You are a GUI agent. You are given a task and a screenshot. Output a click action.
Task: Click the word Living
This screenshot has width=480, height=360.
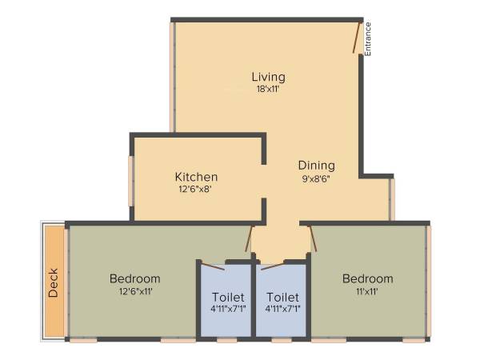268,77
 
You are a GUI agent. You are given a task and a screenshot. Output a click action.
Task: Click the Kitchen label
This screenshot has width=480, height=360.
196,177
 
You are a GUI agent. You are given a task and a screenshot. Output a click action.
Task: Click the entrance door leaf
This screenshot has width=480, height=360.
357,38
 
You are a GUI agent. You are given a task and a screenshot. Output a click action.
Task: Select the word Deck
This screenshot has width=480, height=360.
53,282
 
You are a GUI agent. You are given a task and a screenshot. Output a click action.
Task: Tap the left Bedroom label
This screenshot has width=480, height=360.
134,278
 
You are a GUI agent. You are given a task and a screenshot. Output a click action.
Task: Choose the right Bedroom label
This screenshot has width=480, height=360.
367,278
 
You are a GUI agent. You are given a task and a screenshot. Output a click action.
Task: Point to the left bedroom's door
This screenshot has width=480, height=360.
250,238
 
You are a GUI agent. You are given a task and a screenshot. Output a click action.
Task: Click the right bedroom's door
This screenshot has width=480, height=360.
314,238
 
